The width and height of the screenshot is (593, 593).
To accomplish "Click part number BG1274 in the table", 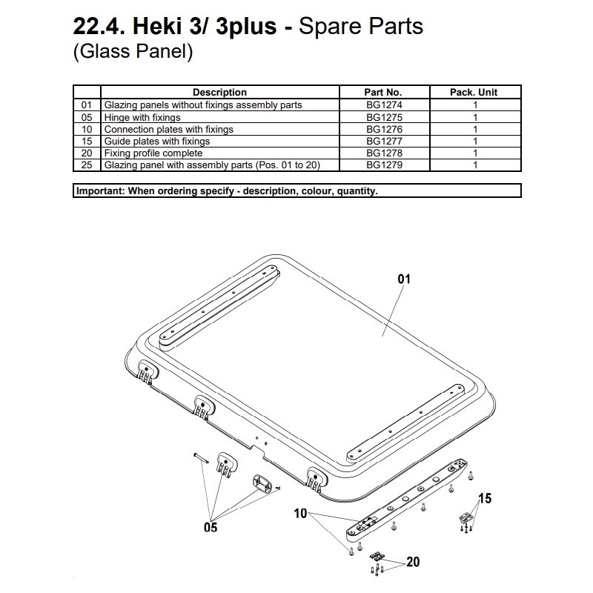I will pyautogui.click(x=383, y=105).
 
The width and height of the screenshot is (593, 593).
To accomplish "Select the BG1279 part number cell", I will pyautogui.click(x=383, y=165).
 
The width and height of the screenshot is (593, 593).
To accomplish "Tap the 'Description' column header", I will pyautogui.click(x=219, y=93).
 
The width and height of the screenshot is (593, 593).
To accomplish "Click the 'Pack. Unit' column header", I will pyautogui.click(x=474, y=93).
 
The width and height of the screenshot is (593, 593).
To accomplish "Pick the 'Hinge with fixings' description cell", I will pyautogui.click(x=142, y=117).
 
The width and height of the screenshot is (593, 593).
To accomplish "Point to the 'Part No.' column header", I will pyautogui.click(x=383, y=93).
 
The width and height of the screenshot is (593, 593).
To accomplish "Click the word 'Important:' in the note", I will pyautogui.click(x=102, y=191).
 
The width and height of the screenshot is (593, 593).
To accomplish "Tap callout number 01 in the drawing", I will pyautogui.click(x=404, y=279).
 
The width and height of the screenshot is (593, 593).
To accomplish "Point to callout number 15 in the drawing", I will pyautogui.click(x=484, y=499).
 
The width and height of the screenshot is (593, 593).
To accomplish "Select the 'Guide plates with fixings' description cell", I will pyautogui.click(x=156, y=141).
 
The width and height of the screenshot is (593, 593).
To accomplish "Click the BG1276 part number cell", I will pyautogui.click(x=383, y=129).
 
